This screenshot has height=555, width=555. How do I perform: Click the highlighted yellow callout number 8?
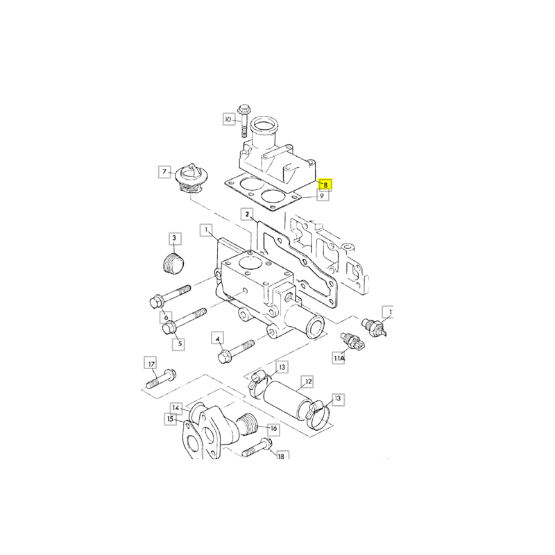[325, 185]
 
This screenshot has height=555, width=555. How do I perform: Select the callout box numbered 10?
[229, 119]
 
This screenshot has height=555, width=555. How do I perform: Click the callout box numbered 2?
[247, 214]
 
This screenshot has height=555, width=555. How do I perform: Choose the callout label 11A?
[339, 358]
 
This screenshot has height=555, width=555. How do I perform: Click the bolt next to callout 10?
[244, 121]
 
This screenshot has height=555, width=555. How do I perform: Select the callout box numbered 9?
[322, 196]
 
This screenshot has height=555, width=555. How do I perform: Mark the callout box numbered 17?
[151, 364]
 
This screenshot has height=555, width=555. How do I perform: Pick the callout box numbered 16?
[273, 428]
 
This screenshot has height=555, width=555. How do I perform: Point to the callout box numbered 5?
[180, 343]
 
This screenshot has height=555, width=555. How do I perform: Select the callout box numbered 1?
[206, 230]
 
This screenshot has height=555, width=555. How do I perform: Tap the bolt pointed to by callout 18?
[257, 447]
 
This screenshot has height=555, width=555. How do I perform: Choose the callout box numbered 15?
[170, 419]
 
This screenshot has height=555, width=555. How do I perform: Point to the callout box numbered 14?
[176, 408]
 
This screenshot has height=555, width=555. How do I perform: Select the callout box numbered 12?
[308, 382]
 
